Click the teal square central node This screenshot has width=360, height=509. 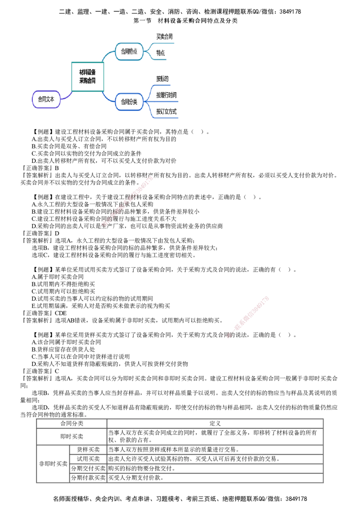click(x=88, y=77)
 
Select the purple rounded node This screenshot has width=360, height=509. click(x=45, y=99)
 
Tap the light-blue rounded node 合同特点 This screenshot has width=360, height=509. click(x=129, y=52)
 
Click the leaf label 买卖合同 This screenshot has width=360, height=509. click(x=164, y=37)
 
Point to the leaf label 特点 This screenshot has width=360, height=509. click(x=161, y=53)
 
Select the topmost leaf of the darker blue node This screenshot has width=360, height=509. click(x=162, y=79)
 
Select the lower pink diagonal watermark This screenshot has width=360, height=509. click(x=248, y=318)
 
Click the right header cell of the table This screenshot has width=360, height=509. click(x=214, y=424)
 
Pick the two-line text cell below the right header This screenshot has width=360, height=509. click(x=214, y=436)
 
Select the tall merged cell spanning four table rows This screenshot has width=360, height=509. click(x=53, y=464)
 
